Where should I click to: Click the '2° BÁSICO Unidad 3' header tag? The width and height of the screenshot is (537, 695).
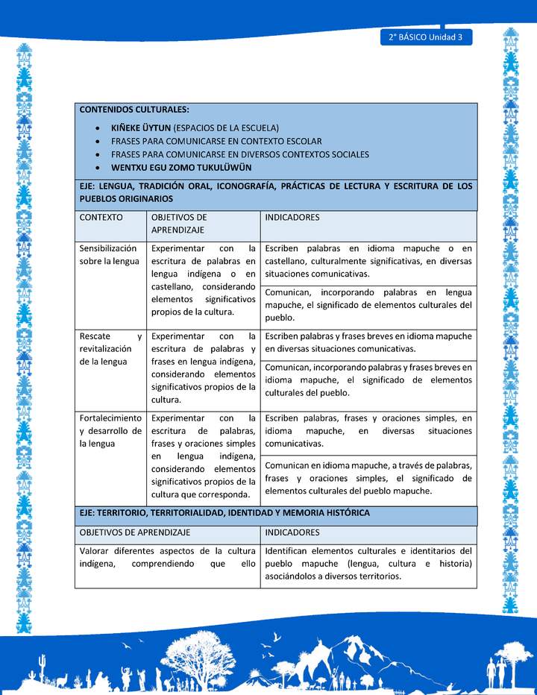(426, 37)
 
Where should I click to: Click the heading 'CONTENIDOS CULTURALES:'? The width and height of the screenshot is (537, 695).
(134, 109)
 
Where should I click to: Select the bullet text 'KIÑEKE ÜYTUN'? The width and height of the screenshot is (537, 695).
(141, 128)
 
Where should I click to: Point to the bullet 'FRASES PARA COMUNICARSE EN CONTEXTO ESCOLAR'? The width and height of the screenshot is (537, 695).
(216, 141)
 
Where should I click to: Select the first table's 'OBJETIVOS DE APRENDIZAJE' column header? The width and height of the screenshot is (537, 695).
(179, 224)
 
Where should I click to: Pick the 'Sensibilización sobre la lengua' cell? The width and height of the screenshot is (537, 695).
(110, 254)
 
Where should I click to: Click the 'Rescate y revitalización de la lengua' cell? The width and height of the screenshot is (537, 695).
(110, 348)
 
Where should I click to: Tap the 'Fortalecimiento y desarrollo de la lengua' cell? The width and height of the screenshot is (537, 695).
(110, 430)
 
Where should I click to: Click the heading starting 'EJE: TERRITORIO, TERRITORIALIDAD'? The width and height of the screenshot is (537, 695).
(224, 513)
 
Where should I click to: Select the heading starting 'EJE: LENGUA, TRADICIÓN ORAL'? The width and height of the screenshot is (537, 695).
(276, 192)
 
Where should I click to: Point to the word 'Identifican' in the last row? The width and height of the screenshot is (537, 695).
(288, 551)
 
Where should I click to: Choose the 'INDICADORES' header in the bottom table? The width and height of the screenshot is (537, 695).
(292, 532)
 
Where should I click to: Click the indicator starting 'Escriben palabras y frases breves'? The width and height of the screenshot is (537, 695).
(368, 342)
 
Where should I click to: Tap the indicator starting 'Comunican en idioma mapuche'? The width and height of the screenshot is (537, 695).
(368, 478)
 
